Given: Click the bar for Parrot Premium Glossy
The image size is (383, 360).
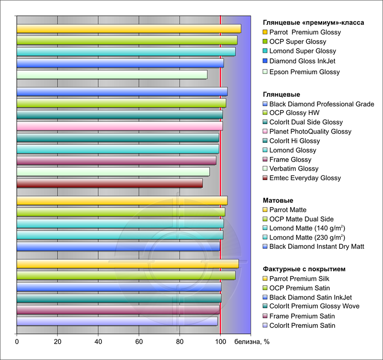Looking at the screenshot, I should pyautogui.click(x=128, y=29).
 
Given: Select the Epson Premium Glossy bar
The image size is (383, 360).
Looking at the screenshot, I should pyautogui.click(x=112, y=74).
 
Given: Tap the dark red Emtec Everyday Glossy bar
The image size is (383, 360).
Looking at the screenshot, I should pyautogui.click(x=109, y=183).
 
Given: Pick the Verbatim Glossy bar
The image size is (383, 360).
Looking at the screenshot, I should pyautogui.click(x=113, y=172).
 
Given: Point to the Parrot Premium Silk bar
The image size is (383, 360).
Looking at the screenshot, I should pyautogui.click(x=127, y=264).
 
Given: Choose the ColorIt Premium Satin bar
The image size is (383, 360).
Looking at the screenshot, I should pyautogui.click(x=117, y=321).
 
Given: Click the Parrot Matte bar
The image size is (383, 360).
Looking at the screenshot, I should pyautogui.click(x=122, y=200).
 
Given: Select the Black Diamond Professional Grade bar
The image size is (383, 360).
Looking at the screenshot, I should pyautogui.click(x=122, y=92).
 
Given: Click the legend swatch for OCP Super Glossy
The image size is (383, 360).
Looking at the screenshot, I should pyautogui.click(x=265, y=42).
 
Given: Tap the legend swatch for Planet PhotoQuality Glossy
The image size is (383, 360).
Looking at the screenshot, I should pyautogui.click(x=265, y=131).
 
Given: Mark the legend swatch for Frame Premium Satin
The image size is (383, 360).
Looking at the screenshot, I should pyautogui.click(x=265, y=316).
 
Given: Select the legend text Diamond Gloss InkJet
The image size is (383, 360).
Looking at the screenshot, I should pyautogui.click(x=303, y=61).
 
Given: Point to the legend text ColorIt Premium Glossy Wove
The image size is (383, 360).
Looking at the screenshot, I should pyautogui.click(x=314, y=306).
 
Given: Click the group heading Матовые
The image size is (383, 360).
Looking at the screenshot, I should pyautogui.click(x=278, y=200).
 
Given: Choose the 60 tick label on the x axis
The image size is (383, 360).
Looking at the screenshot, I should pyautogui.click(x=139, y=342).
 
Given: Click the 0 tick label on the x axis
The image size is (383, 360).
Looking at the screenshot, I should pyautogui.click(x=17, y=342).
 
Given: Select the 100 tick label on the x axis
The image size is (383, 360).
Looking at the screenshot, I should pyautogui.click(x=220, y=342).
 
